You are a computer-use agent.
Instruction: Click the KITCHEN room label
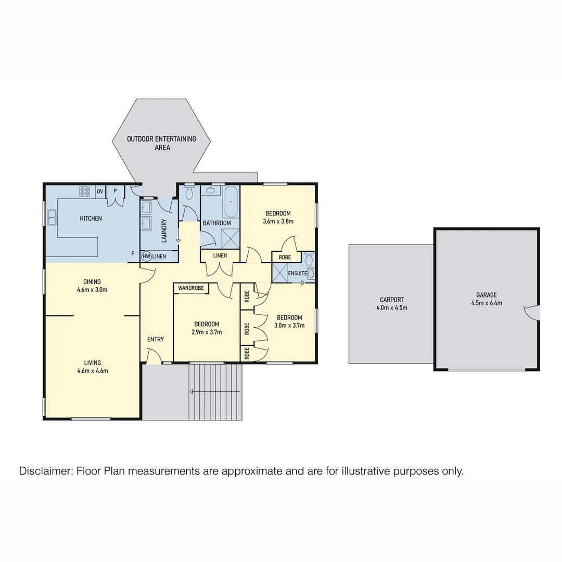[x=91, y=219]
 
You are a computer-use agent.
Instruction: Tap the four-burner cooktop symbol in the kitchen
[x=85, y=191]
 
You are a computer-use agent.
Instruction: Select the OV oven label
[x=100, y=191]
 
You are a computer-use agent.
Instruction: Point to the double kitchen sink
[x=52, y=217]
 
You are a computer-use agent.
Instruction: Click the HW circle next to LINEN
[x=146, y=256]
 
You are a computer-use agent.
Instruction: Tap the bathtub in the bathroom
[x=231, y=202]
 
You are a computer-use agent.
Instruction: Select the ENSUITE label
[x=297, y=273]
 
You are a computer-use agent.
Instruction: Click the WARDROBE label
[x=191, y=288]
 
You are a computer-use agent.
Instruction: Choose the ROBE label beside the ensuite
[x=285, y=257]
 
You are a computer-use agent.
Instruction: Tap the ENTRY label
[x=155, y=339]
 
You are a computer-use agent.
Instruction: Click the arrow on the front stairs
[x=193, y=391]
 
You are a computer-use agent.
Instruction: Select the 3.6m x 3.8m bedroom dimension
[x=278, y=221]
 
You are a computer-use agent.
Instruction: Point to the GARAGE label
[x=487, y=295]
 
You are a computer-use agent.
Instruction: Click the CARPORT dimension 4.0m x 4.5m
[x=391, y=308]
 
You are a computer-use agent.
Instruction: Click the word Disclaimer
[x=45, y=471]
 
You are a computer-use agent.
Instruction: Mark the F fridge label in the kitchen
[x=133, y=253]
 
